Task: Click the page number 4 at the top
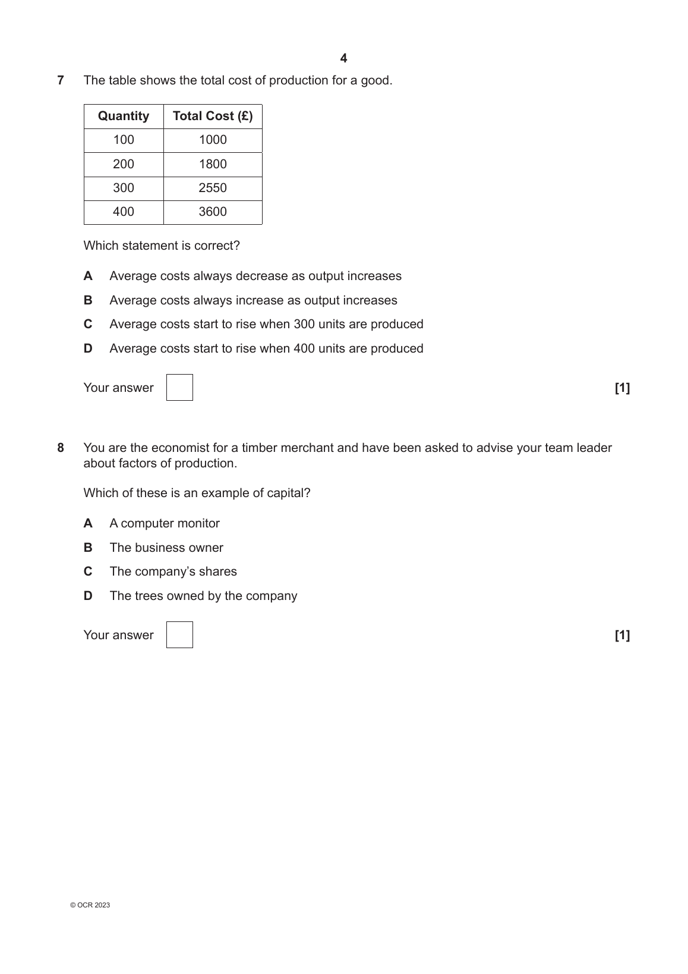(343, 58)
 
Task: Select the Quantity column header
(124, 116)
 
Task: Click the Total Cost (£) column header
(213, 116)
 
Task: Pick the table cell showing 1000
(213, 140)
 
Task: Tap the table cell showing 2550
(213, 188)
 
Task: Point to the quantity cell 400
(124, 212)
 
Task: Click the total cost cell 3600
(213, 212)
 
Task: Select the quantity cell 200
(124, 164)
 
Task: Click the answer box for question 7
(179, 387)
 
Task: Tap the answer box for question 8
(179, 634)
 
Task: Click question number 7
(61, 80)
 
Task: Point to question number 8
(61, 448)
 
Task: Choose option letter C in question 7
(88, 324)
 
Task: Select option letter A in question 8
(88, 523)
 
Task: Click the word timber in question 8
(259, 448)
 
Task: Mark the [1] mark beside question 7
(622, 388)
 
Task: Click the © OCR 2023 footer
(90, 905)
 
